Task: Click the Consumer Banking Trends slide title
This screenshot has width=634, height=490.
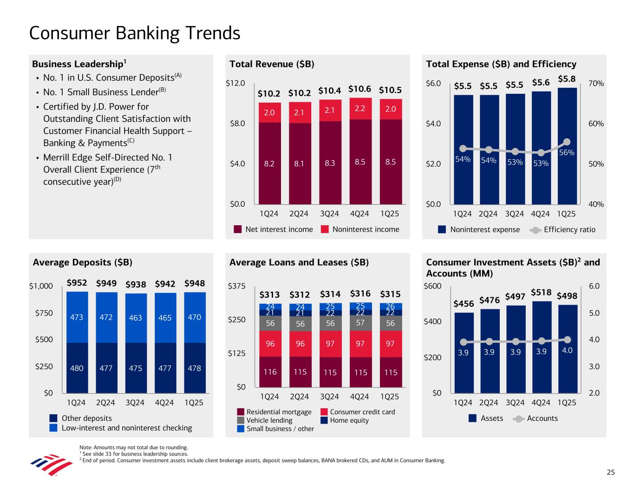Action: (x=135, y=33)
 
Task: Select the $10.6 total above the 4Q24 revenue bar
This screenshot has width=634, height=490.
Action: (x=359, y=89)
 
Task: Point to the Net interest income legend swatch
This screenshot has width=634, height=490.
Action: (x=238, y=229)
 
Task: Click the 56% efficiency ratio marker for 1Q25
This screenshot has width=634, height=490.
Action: (x=567, y=142)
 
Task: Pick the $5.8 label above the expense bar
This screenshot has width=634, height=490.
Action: (x=567, y=79)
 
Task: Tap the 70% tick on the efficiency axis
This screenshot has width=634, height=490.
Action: (x=596, y=84)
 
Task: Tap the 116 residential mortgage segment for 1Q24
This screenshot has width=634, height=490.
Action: (x=270, y=372)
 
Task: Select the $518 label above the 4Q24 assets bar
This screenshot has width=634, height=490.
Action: (x=541, y=293)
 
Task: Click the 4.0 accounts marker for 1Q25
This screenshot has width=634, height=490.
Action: (x=567, y=340)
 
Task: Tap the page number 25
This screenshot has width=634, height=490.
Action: (x=610, y=472)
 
